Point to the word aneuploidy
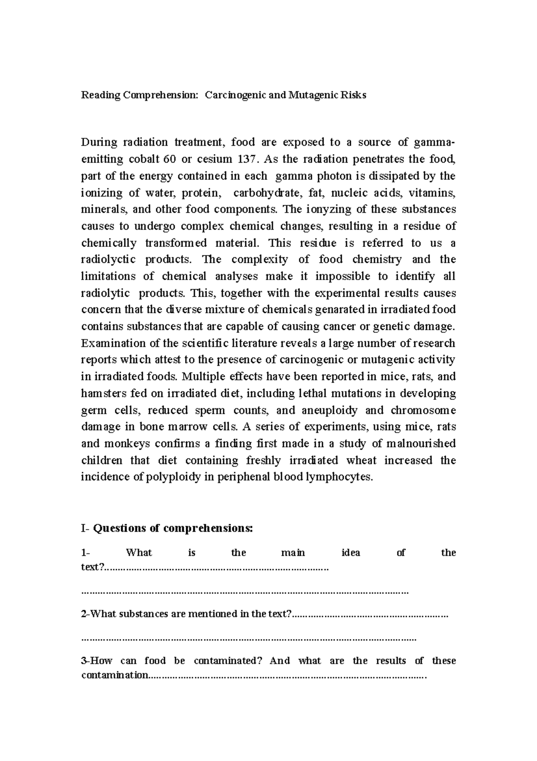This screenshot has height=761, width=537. pos(330,410)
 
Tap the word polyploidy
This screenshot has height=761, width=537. pos(173,477)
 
